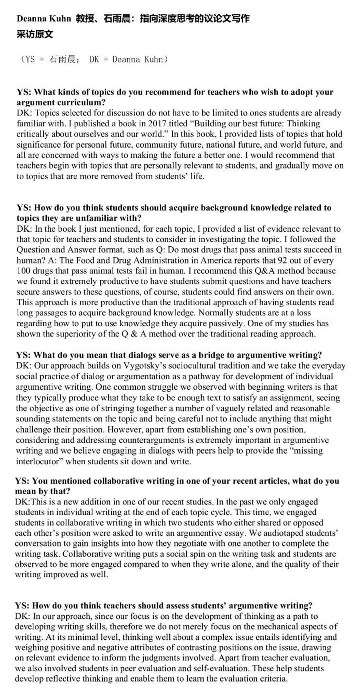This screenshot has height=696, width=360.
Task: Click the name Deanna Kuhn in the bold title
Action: pos(44,19)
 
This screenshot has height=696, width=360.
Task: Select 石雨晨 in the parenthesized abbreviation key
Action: pos(64,60)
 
